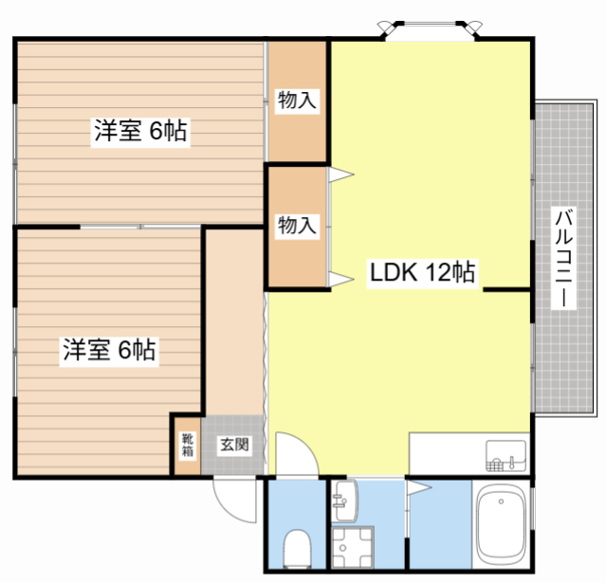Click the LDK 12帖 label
[x=422, y=272]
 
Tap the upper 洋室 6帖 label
[x=140, y=131]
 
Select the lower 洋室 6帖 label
[x=109, y=350]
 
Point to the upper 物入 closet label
[x=297, y=100]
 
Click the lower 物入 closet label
[x=297, y=226]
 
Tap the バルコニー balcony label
[x=563, y=258]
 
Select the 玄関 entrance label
[x=234, y=445]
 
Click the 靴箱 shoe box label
[x=188, y=445]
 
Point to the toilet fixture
[x=297, y=548]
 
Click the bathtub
[x=502, y=525]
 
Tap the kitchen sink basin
[x=505, y=456]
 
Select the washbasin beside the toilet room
[x=345, y=501]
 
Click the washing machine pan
[x=352, y=548]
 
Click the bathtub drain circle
[x=501, y=501]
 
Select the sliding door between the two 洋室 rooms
[x=140, y=227]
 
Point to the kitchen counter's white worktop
[x=469, y=453]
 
